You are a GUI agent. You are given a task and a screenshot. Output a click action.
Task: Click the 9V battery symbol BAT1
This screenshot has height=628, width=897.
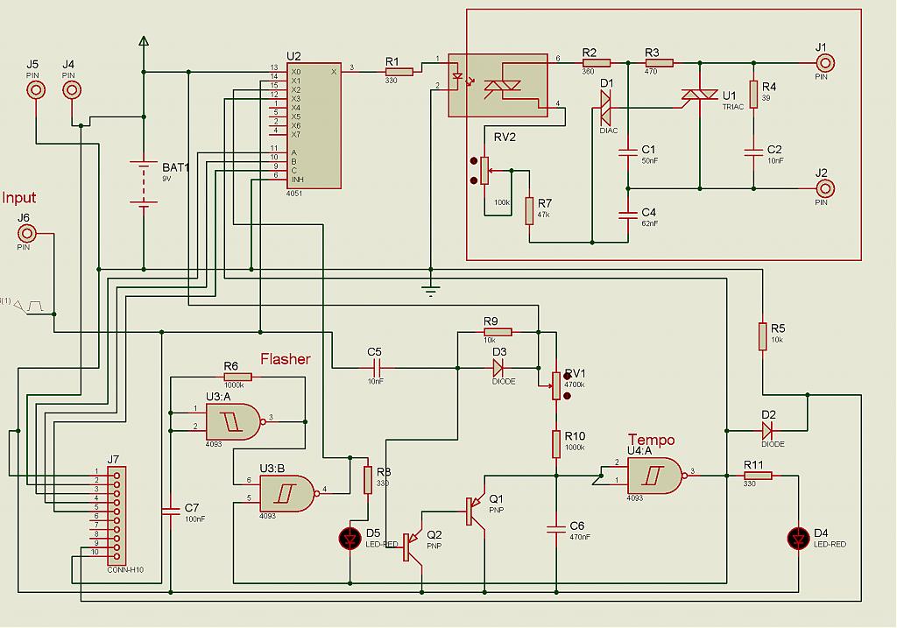143,182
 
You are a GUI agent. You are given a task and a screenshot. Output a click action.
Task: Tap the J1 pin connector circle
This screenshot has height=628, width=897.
823,62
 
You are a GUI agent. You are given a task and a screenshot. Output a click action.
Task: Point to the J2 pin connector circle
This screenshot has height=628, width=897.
823,187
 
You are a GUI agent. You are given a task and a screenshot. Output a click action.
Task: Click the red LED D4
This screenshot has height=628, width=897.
798,537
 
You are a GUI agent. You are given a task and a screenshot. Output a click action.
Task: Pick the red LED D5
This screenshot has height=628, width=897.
350,537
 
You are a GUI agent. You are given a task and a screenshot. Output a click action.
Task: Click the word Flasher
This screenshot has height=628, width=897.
285,358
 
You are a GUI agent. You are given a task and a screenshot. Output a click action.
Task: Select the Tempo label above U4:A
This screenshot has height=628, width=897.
651,440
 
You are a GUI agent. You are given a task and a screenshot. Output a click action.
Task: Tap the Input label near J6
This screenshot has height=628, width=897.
19,198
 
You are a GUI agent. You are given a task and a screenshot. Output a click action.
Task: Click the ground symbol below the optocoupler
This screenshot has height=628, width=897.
430,290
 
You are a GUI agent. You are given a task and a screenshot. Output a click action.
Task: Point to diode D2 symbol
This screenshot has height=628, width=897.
769,430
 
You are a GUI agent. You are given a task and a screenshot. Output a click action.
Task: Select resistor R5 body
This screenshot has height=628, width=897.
763,335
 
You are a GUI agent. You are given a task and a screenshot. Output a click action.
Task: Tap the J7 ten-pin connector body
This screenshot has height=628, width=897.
115,516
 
